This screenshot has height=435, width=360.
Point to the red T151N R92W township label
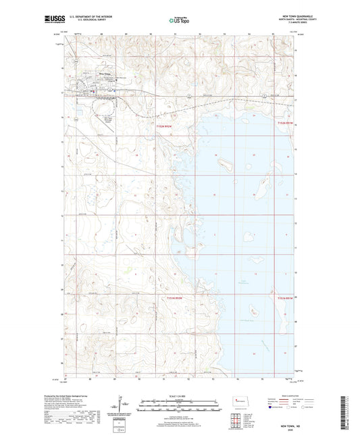click(x=170, y=297)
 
